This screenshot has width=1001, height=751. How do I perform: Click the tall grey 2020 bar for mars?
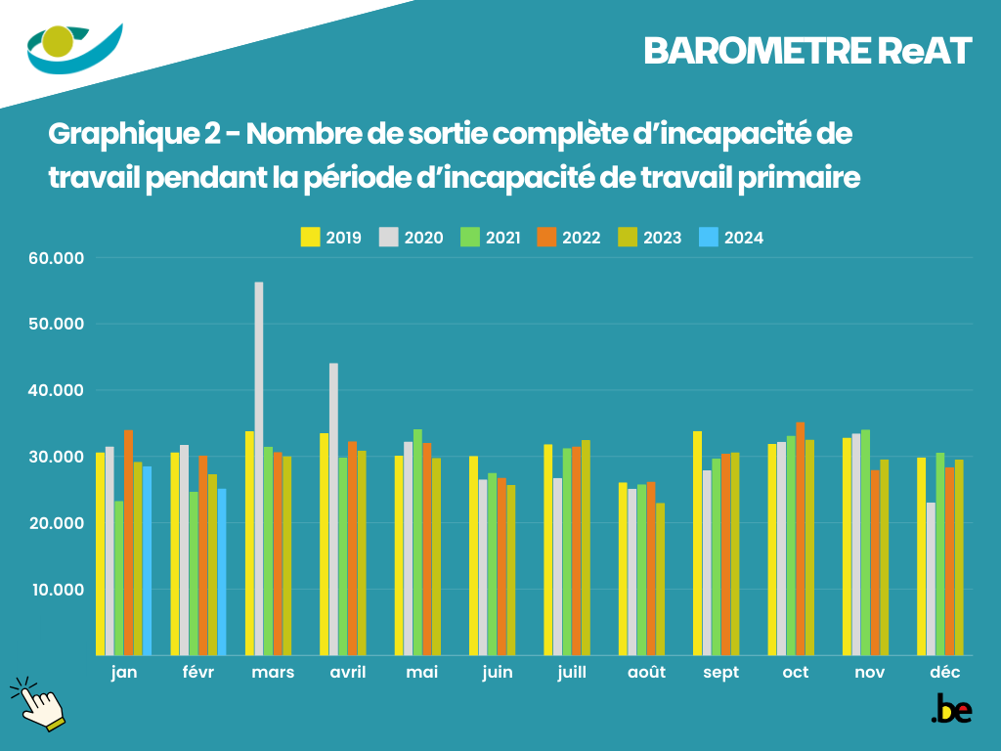pyautogui.click(x=259, y=469)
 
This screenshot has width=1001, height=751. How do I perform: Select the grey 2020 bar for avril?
pyautogui.click(x=333, y=508)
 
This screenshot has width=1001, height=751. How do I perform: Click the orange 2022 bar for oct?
pyautogui.click(x=801, y=539)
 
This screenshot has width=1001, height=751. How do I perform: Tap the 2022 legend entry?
pyautogui.click(x=572, y=238)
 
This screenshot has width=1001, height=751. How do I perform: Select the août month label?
pyautogui.click(x=646, y=673)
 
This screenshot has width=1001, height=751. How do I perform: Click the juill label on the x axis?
pyautogui.click(x=572, y=673)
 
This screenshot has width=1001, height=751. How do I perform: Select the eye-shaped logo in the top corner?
pyautogui.click(x=74, y=47)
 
